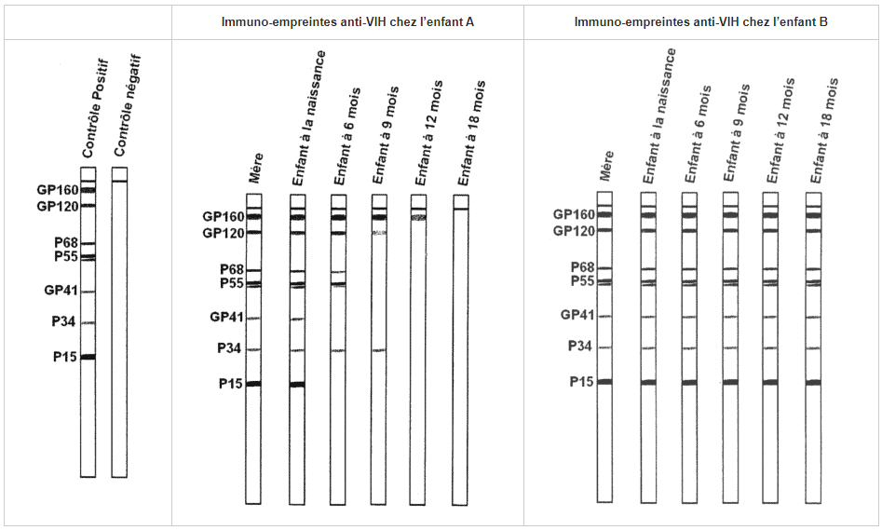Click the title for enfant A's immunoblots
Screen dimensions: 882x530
pyautogui.click(x=347, y=21)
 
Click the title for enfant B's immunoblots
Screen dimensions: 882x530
pyautogui.click(x=700, y=21)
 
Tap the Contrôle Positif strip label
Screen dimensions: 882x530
pyautogui.click(x=95, y=109)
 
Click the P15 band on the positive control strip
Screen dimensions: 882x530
pyautogui.click(x=88, y=357)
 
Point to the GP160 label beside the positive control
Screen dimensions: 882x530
pyautogui.click(x=57, y=190)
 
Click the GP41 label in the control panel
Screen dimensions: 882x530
pyautogui.click(x=60, y=291)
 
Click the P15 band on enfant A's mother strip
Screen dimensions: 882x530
pyautogui.click(x=253, y=383)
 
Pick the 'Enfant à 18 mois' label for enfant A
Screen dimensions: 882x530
pyautogui.click(x=471, y=134)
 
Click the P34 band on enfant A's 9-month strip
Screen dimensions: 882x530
pyautogui.click(x=379, y=350)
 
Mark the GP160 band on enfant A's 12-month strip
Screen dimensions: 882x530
pyautogui.click(x=418, y=217)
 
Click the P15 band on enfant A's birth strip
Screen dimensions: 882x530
pyautogui.click(x=297, y=384)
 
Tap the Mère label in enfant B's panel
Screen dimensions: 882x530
pyautogui.click(x=607, y=165)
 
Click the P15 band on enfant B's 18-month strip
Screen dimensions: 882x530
pyautogui.click(x=813, y=382)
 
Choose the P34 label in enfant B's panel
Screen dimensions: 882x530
pyautogui.click(x=580, y=347)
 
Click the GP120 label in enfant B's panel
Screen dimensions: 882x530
pyautogui.click(x=574, y=231)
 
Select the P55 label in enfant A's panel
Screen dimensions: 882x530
pyautogui.click(x=230, y=283)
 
